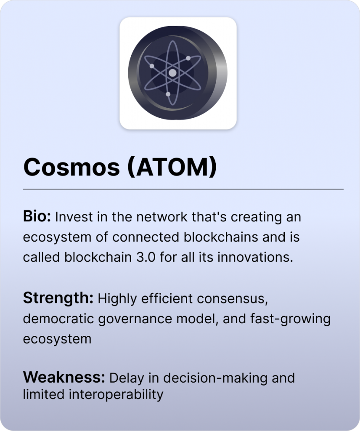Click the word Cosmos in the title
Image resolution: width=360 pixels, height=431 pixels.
[x=71, y=167]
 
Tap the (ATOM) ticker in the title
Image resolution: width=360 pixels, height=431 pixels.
[x=172, y=168]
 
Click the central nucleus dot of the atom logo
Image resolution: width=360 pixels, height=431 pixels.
[x=172, y=73]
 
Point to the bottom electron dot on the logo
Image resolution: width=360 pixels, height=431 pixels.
[x=168, y=94]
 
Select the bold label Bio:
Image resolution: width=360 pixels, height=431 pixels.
[x=37, y=216]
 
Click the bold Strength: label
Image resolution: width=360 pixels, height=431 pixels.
[x=58, y=298]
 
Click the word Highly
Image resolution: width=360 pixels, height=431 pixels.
[x=117, y=299]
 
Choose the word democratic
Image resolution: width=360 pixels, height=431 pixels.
[x=58, y=319]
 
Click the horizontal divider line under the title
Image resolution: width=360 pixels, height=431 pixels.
[x=183, y=189]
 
